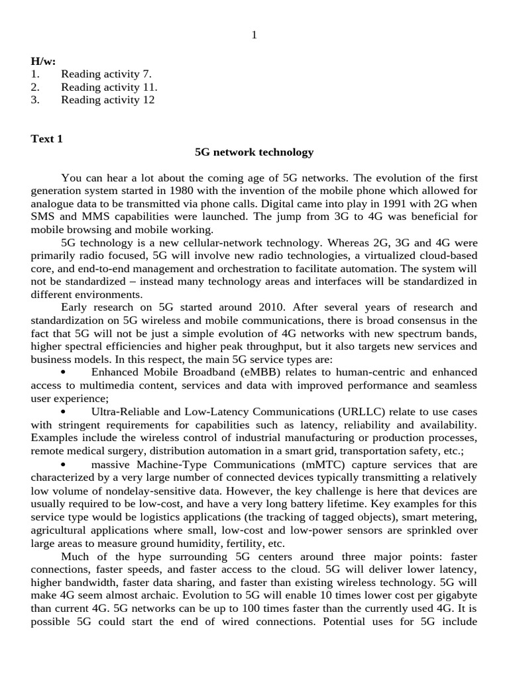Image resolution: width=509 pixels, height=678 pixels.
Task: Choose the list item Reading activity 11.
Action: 109,87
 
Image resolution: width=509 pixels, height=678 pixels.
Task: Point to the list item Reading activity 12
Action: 107,100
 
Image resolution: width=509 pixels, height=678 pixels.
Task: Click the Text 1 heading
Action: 47,139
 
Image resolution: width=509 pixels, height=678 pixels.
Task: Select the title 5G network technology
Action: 254,152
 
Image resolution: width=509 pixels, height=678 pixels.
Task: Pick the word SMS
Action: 44,217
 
